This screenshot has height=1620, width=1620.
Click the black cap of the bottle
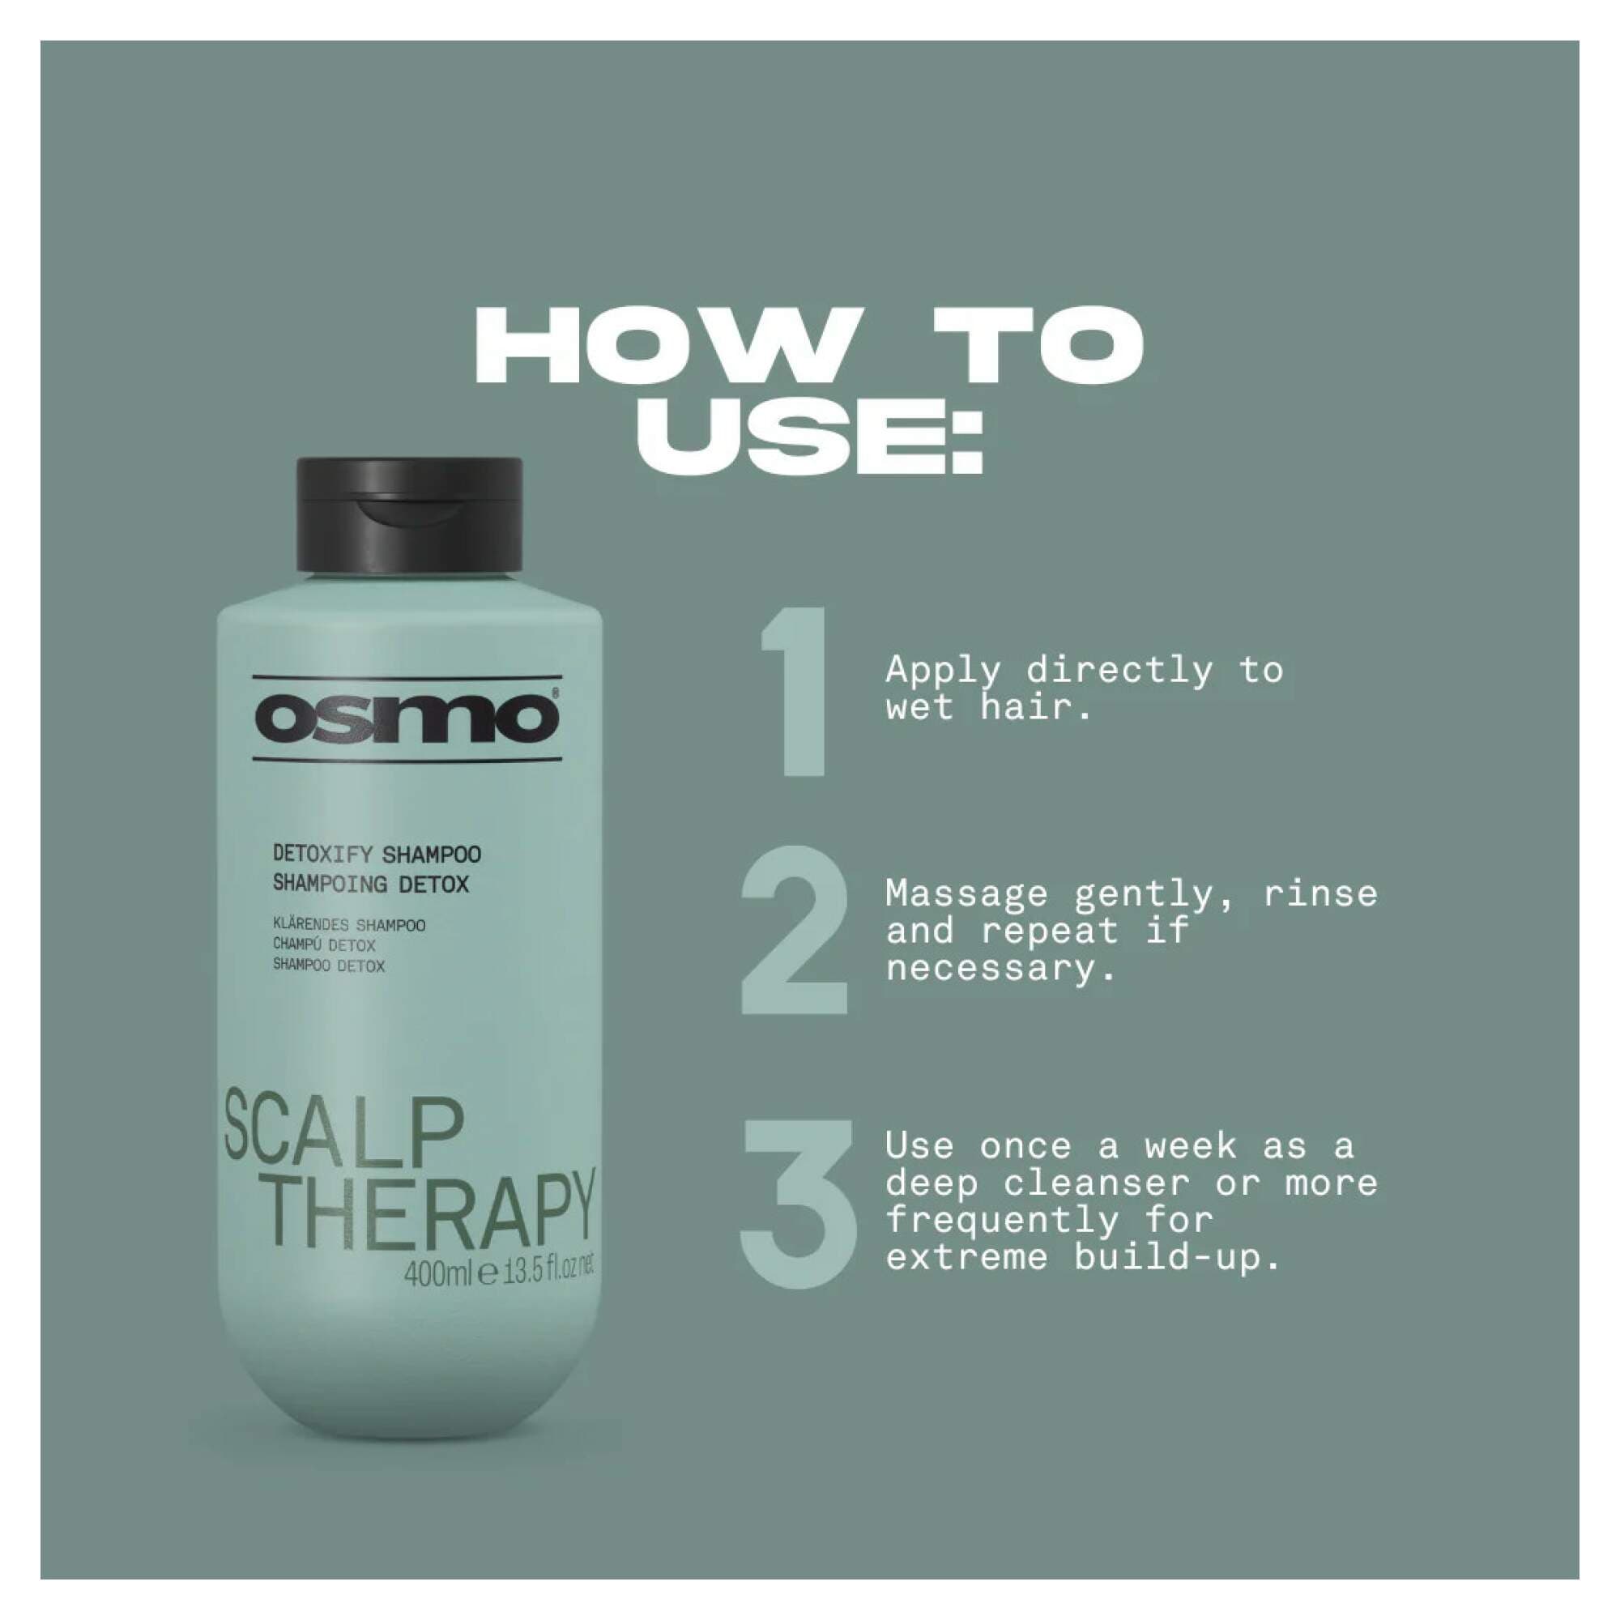pos(409,514)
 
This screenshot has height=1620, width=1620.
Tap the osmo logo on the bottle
pos(407,718)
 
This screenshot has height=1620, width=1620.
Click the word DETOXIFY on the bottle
pos(323,855)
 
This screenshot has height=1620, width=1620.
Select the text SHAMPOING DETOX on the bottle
pos(371,884)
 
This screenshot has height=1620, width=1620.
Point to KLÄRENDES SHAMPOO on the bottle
pos(349,925)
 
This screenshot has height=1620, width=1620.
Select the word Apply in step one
pos(944,671)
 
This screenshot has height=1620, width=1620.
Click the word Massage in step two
pos(967,894)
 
